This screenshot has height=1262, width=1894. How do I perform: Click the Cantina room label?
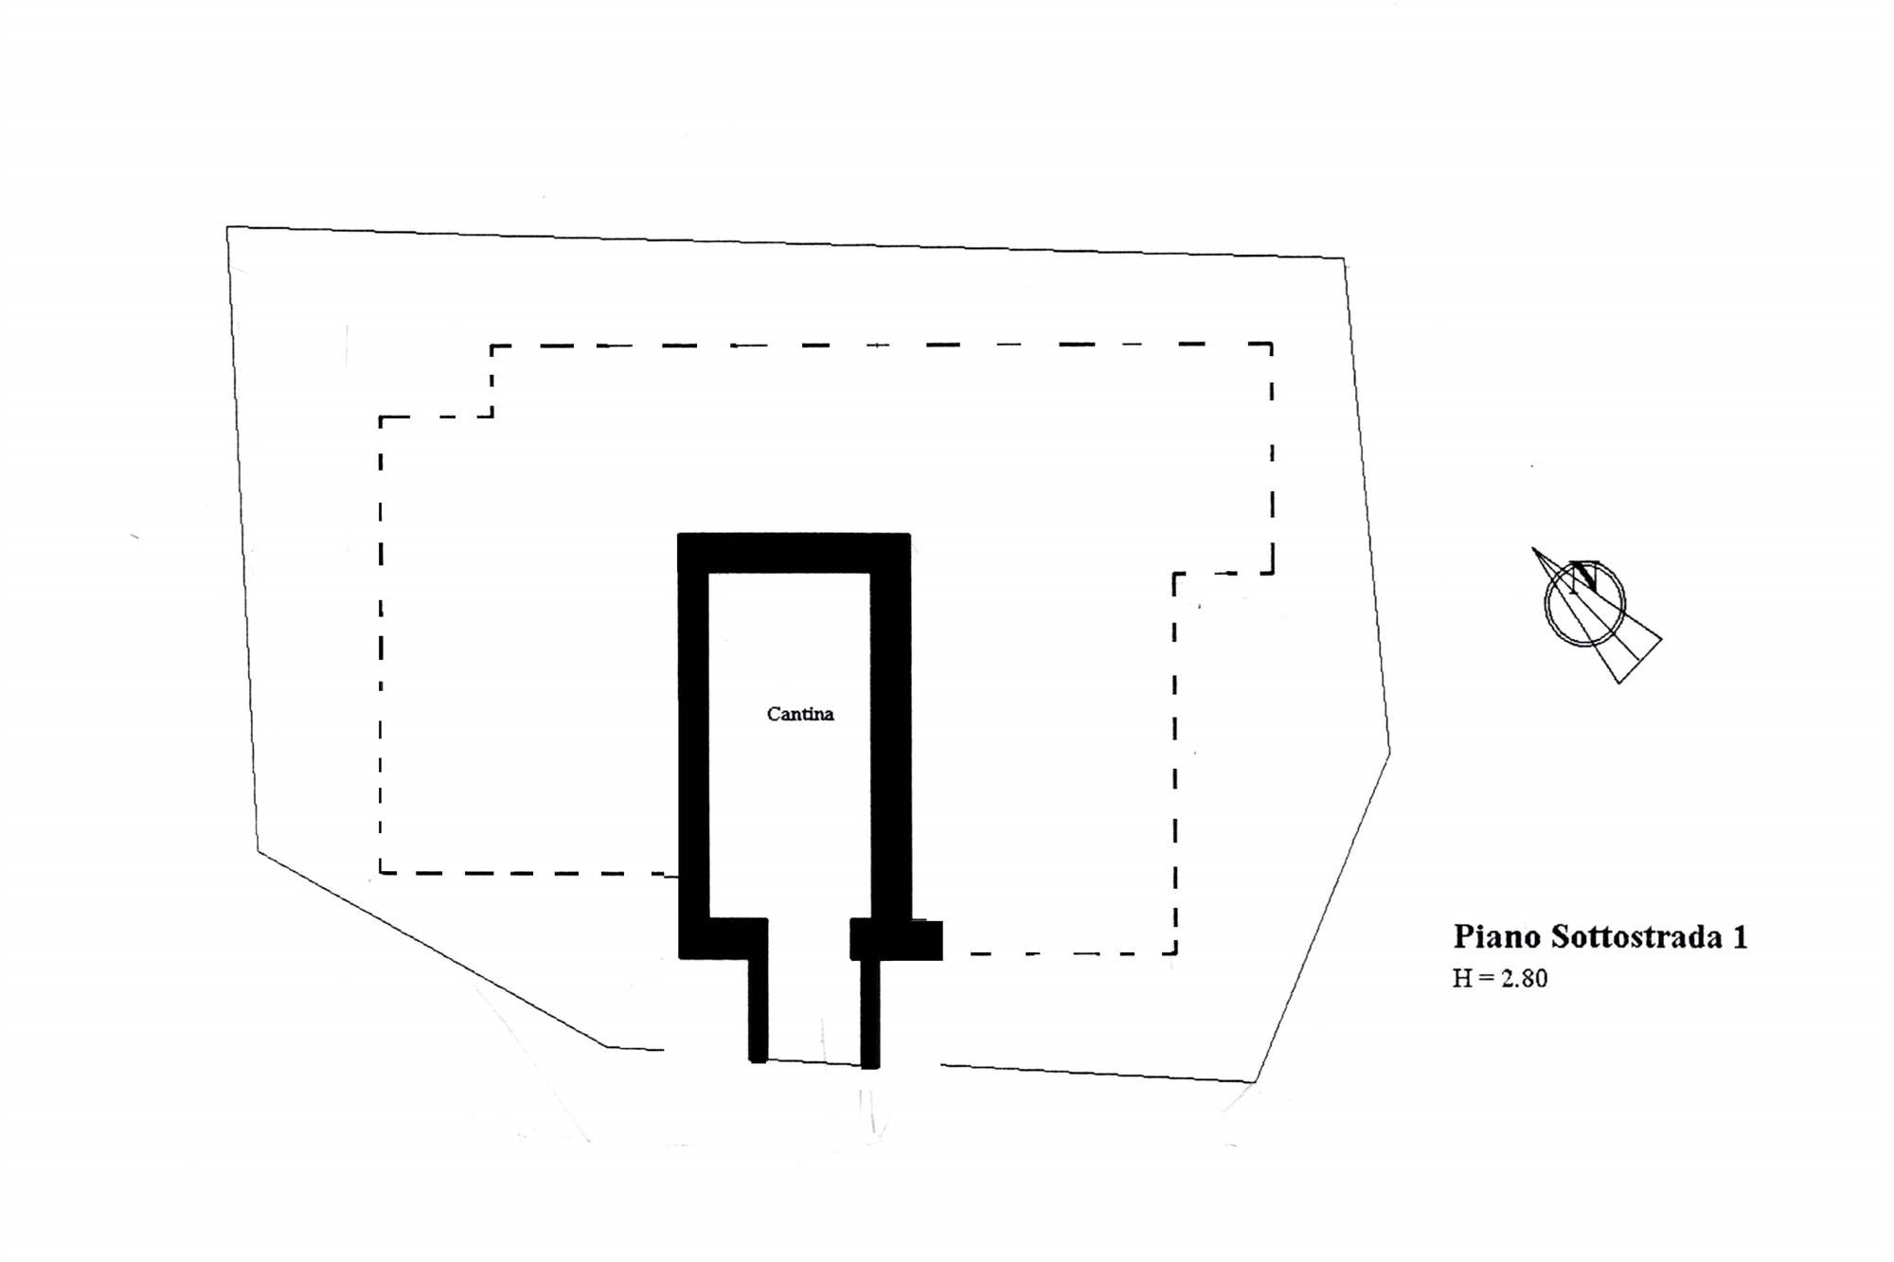(x=800, y=714)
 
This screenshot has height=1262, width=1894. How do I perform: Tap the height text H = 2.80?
(x=1500, y=978)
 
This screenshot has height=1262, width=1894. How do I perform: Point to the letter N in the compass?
(x=1583, y=576)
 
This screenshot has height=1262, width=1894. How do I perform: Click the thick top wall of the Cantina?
(x=794, y=553)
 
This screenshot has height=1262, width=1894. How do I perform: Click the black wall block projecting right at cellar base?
(x=896, y=939)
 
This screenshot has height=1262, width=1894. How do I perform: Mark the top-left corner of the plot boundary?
(x=227, y=227)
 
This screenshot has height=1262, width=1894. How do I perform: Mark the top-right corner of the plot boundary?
(x=1345, y=258)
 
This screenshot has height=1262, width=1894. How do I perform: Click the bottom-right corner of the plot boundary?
(x=1255, y=1081)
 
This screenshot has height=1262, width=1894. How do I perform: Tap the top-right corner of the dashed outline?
(x=1272, y=345)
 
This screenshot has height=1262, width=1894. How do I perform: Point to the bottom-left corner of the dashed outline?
(x=381, y=872)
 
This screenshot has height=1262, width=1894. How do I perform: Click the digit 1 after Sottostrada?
(x=1740, y=937)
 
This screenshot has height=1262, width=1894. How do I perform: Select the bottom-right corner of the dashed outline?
(x=1176, y=953)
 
